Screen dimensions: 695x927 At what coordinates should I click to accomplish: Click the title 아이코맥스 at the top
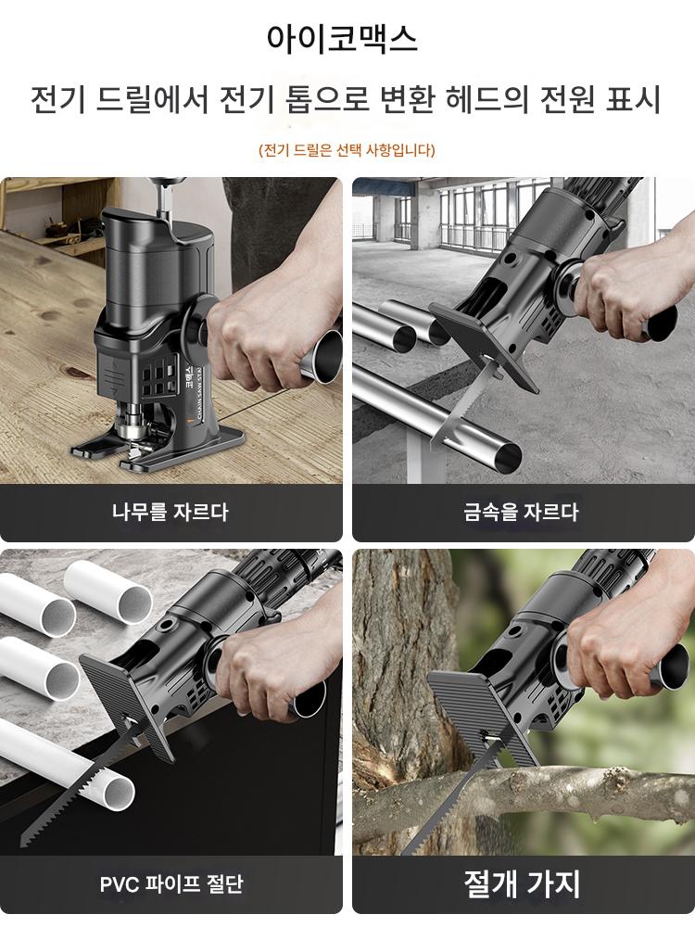[x=342, y=39]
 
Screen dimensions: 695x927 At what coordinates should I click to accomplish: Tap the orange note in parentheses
[x=347, y=150]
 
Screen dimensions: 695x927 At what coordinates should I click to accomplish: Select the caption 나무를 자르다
[x=171, y=512]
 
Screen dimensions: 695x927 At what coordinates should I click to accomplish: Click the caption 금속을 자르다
[x=521, y=512]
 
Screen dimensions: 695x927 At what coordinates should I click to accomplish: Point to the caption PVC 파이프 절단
[x=171, y=884]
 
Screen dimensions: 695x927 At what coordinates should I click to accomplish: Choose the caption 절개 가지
[x=522, y=884]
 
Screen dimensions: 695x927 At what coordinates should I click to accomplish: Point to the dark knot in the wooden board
[x=77, y=373]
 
